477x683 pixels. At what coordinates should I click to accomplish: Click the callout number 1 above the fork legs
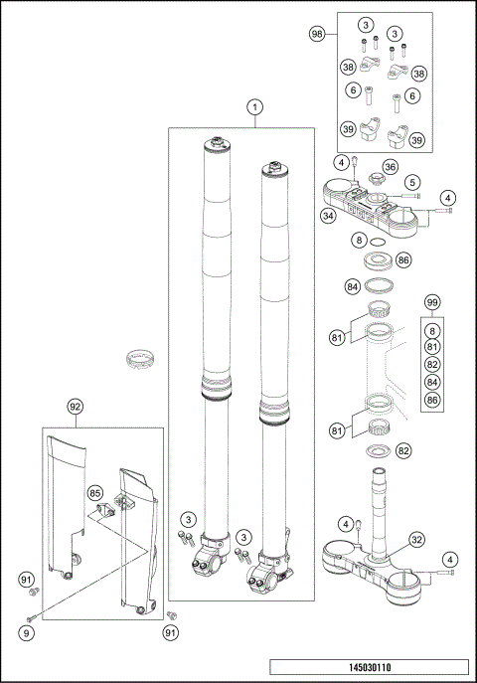pos(255,106)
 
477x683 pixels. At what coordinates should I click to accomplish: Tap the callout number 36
pos(391,166)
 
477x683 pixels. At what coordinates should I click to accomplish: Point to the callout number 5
pos(411,182)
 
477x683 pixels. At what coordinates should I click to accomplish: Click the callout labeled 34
pos(327,215)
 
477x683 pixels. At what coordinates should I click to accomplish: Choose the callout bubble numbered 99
pos(431,302)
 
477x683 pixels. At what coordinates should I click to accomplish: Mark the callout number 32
pos(417,540)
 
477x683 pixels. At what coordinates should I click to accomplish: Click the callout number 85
pos(95,492)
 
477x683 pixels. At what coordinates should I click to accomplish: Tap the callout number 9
pos(27,631)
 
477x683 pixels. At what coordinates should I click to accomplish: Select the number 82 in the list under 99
pos(431,365)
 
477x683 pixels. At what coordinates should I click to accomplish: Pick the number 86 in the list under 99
pos(431,401)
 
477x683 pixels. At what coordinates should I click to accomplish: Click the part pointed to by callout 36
pos(375,179)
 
